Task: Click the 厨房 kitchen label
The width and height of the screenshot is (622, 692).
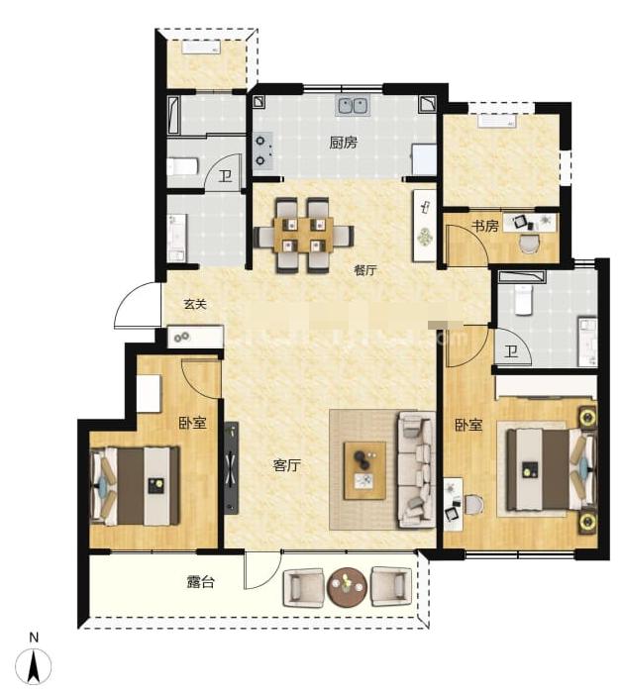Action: [343, 143]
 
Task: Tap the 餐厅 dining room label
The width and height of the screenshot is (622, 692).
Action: [365, 270]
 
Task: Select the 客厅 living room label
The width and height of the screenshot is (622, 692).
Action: [287, 465]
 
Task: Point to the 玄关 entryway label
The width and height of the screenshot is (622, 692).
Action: [195, 304]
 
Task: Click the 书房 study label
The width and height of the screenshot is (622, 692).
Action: [485, 227]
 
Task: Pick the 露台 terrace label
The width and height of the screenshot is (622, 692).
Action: [200, 582]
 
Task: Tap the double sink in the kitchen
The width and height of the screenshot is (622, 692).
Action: [354, 106]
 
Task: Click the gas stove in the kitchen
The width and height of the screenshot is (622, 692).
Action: [262, 151]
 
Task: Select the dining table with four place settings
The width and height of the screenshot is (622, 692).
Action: [303, 235]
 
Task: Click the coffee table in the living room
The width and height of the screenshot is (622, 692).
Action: [364, 470]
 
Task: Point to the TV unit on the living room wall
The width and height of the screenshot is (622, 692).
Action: [231, 468]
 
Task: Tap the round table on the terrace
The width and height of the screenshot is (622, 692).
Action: [347, 586]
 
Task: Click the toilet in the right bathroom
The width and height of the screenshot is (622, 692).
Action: [524, 300]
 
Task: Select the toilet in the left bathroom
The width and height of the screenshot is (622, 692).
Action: [183, 167]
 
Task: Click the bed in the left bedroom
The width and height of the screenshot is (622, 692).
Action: [135, 486]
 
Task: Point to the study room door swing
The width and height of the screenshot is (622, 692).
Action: [466, 246]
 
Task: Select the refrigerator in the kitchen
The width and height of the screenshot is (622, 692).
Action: [424, 159]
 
